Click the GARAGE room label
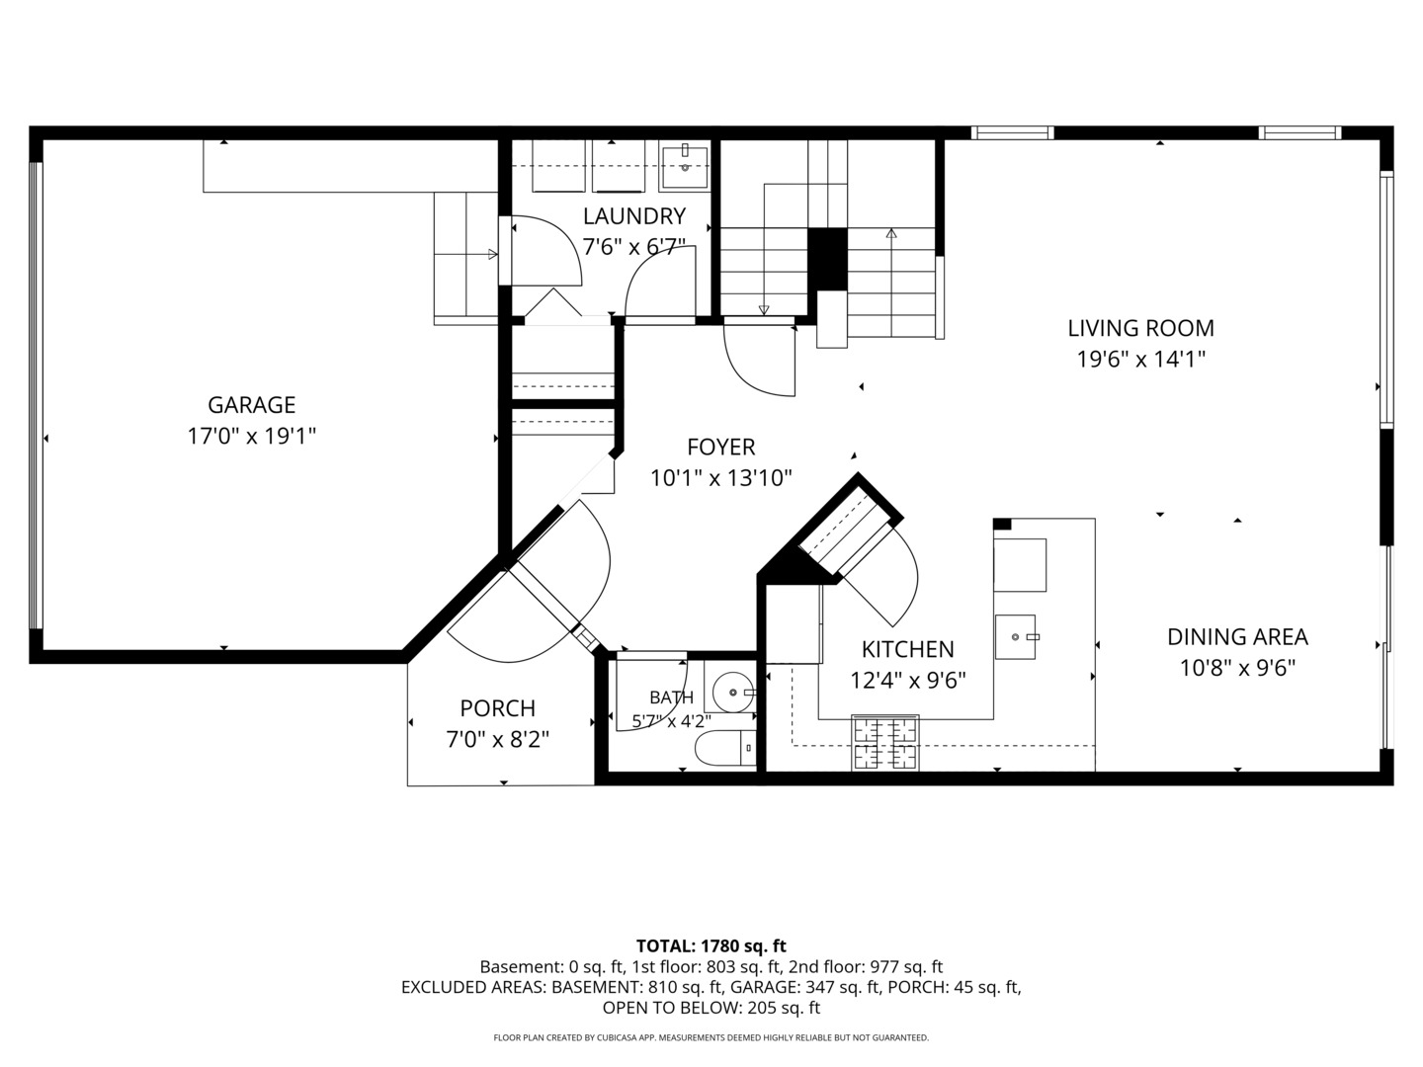[x=252, y=405]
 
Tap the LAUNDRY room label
[x=634, y=215]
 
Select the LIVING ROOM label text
[x=1141, y=328]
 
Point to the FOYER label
[x=721, y=447]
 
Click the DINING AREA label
[x=1237, y=637]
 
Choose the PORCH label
[x=498, y=708]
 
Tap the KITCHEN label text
[x=907, y=649]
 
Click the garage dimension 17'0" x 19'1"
[x=252, y=436]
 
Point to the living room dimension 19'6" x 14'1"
[x=1141, y=359]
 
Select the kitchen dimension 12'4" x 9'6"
[x=907, y=681]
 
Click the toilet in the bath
[x=725, y=748]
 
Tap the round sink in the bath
[x=733, y=692]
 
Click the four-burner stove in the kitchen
[x=884, y=742]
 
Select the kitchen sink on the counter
[x=1016, y=637]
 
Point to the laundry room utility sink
[x=685, y=167]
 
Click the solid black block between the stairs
[x=827, y=259]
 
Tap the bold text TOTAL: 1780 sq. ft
[x=711, y=945]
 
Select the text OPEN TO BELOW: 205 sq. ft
[x=711, y=1008]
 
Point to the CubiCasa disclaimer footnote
[x=711, y=1037]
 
